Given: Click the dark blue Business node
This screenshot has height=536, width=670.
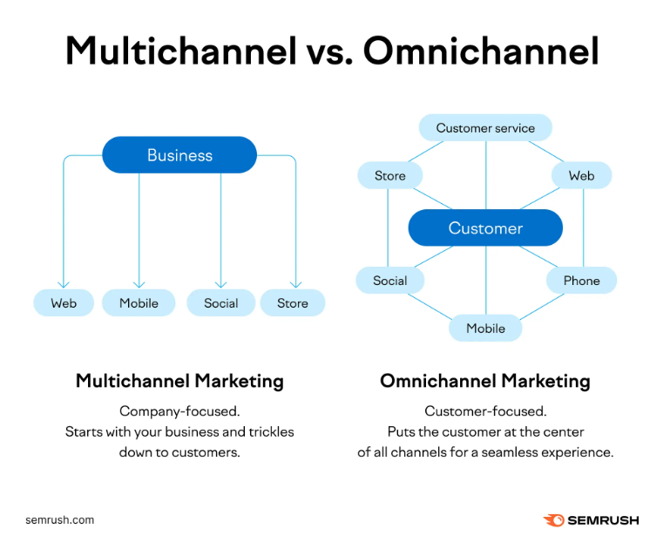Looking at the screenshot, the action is [179, 155].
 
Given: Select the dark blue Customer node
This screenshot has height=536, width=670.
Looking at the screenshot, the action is [485, 227].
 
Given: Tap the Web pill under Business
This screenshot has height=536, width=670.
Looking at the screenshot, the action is [64, 302].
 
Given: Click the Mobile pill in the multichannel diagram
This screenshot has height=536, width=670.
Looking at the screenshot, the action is [139, 302].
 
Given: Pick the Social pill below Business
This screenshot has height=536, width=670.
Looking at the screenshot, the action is [221, 302].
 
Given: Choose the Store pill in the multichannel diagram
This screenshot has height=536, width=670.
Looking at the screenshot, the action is [293, 302].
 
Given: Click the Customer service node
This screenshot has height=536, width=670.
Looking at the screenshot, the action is [485, 127].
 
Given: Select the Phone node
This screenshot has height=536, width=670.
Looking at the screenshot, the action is [581, 281].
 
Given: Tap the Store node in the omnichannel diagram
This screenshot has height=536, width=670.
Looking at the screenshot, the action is [390, 175].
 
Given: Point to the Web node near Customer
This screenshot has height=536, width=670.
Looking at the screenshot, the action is [581, 175].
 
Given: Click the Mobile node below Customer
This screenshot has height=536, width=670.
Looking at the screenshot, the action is [485, 328].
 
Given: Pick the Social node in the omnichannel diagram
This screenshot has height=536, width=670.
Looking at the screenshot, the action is [390, 281].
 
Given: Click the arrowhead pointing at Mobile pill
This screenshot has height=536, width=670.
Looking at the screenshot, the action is [139, 285].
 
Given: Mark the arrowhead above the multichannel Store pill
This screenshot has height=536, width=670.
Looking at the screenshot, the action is [295, 285].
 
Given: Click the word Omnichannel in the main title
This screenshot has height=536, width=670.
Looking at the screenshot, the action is [481, 51].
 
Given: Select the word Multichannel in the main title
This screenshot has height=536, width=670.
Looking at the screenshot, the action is [181, 51].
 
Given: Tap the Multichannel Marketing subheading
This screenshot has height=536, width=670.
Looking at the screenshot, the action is [179, 380].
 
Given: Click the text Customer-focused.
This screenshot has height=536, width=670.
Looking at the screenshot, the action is [485, 410].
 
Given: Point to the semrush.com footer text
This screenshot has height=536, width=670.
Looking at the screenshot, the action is [60, 519].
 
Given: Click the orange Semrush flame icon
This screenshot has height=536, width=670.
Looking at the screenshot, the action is [554, 519].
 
